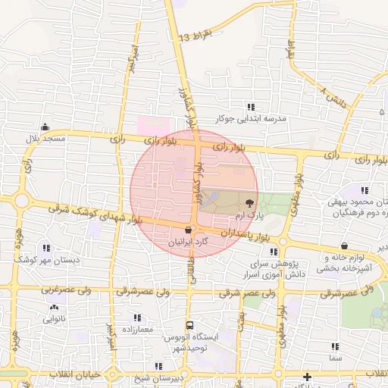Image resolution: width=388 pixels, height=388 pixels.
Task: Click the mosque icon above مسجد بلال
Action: (x=45, y=127)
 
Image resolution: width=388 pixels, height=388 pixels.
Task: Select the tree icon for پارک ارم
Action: (x=249, y=202)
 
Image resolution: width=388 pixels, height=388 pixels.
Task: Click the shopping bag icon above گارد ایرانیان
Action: (x=188, y=230)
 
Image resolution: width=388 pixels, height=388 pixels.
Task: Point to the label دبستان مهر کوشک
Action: (x=46, y=259)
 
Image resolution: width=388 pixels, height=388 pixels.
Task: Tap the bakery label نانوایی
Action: (x=54, y=320)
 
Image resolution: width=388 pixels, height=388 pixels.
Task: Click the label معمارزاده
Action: (x=137, y=330)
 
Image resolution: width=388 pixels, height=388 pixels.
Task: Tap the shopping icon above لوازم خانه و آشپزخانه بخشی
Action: (x=345, y=246)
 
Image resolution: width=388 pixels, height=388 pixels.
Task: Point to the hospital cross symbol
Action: (x=307, y=377)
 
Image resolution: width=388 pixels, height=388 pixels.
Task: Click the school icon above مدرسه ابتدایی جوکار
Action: (x=249, y=107)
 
